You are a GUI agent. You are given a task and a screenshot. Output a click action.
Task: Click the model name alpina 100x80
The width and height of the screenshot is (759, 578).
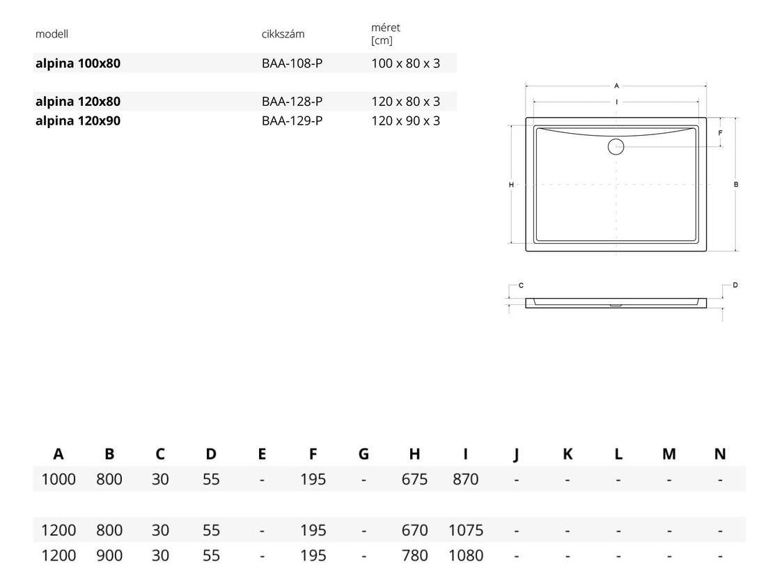point(78,63)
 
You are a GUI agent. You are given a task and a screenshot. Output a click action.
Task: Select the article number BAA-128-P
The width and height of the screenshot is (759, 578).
point(292,102)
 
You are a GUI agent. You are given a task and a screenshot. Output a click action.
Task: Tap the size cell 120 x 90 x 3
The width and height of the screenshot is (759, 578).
point(406,121)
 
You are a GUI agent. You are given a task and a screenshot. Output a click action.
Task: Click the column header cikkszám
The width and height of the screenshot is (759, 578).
point(283,34)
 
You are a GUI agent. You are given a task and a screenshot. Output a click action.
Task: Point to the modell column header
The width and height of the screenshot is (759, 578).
point(52,34)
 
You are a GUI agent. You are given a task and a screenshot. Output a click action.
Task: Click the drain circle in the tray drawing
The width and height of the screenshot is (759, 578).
point(616,147)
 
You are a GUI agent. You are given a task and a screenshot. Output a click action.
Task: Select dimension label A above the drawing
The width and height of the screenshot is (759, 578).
point(616,86)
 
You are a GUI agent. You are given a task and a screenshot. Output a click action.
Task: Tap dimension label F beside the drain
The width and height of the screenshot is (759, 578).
point(720,132)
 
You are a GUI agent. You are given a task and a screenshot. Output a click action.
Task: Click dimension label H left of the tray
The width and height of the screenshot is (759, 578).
point(511,185)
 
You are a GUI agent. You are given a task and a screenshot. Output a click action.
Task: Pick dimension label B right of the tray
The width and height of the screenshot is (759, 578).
point(736,185)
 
